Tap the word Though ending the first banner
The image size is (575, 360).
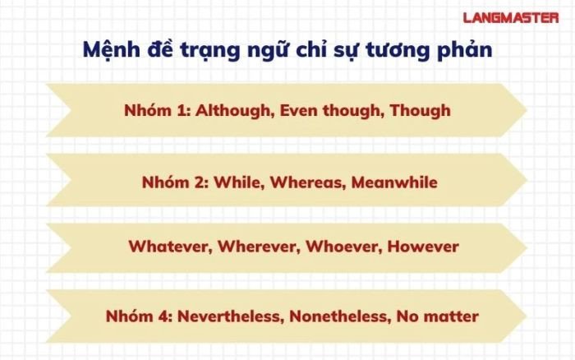(x=420, y=110)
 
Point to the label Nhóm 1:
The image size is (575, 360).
(x=154, y=110)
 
